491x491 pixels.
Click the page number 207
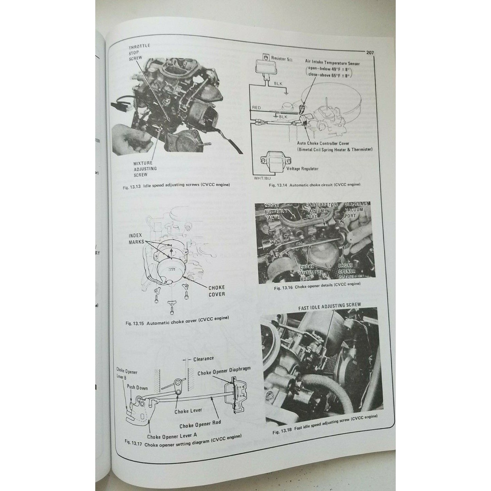tap(370, 53)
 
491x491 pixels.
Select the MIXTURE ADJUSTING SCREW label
tap(145, 169)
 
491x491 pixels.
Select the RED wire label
tap(257, 108)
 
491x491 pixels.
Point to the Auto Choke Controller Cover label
tap(323, 143)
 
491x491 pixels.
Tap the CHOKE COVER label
tap(216, 291)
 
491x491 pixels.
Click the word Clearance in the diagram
tap(204, 358)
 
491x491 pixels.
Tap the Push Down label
tap(137, 387)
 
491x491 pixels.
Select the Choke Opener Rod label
tap(200, 424)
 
